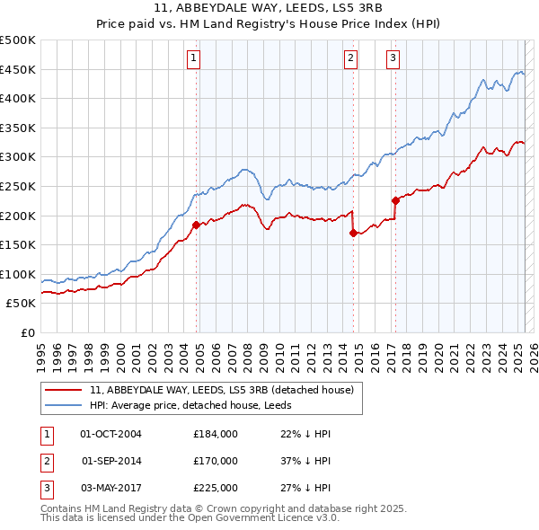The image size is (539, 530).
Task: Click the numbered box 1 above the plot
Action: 193,59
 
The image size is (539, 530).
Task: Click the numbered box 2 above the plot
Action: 349,59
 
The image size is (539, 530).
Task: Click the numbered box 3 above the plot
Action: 393,59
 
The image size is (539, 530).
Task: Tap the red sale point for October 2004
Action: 196,225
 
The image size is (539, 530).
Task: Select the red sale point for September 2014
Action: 353,233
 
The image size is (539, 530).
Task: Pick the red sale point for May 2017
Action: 395,200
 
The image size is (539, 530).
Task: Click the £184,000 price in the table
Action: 216,434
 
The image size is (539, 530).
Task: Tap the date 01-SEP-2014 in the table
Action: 111,461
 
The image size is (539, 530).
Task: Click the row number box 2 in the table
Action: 46,461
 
